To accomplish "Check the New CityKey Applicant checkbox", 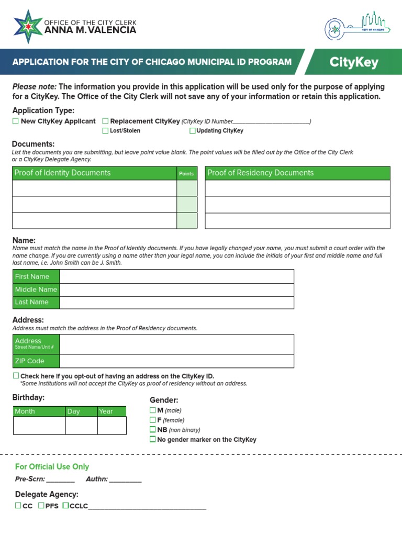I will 16,121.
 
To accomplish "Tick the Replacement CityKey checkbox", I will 105,121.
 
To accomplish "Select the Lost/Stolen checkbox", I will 105,131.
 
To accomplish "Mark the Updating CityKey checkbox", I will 193,131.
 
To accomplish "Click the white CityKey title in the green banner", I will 354,63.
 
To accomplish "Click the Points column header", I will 186,173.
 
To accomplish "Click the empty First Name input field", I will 176,276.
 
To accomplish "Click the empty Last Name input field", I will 176,302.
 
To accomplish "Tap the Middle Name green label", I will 36,289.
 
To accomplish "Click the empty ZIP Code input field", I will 176,361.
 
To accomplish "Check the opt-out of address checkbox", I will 16,376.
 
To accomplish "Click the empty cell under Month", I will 39,426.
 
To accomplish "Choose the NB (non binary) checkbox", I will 153,430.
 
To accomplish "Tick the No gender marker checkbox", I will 153,440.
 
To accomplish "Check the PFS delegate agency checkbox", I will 41,506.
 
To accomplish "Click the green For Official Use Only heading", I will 52,466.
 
